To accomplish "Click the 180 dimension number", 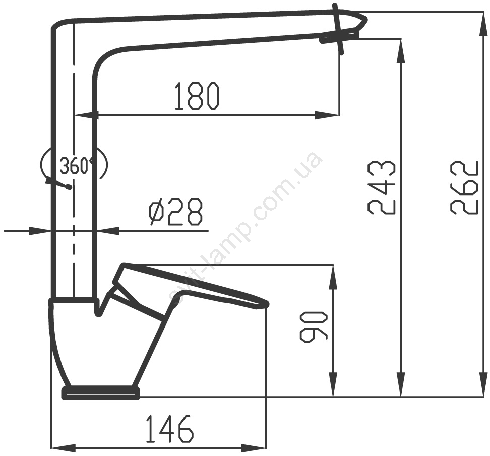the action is click(x=197, y=96).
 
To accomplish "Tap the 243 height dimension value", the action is click(x=382, y=187).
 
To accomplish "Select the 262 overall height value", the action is click(x=465, y=187).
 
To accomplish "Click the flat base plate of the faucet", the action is click(x=101, y=393).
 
